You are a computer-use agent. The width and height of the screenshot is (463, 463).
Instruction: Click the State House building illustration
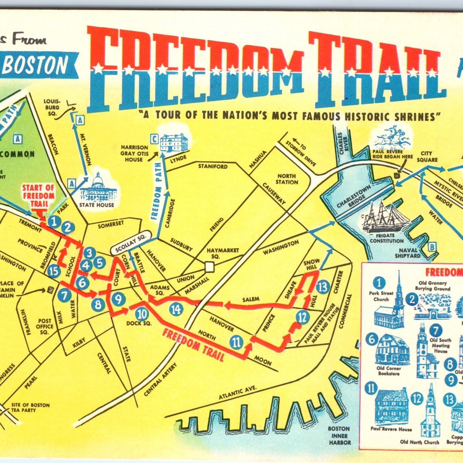point(97,188)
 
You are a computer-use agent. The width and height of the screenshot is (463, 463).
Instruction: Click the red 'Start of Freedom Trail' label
point(39,196)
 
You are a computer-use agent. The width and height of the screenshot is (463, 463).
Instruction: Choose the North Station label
point(287,179)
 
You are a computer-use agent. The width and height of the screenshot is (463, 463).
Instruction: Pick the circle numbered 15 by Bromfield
point(54,271)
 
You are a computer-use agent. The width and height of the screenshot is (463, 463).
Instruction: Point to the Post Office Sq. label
point(45,326)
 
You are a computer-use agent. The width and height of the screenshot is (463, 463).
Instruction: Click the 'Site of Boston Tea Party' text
point(30,407)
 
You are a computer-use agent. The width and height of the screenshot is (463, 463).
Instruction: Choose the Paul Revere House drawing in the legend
point(391,408)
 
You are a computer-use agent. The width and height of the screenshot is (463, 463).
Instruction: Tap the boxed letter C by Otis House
point(155,140)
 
